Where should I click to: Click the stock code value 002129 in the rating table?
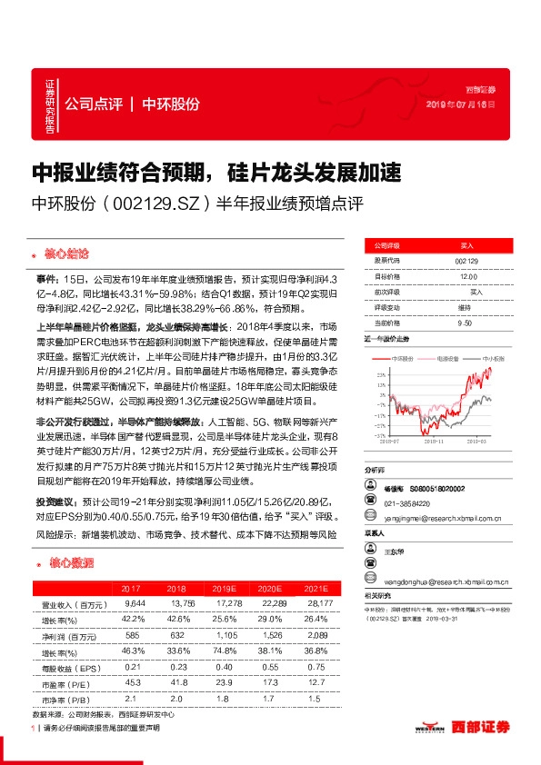[467, 260]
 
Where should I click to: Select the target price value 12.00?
[467, 276]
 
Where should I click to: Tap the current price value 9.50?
[465, 323]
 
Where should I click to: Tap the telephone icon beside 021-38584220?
[370, 502]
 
